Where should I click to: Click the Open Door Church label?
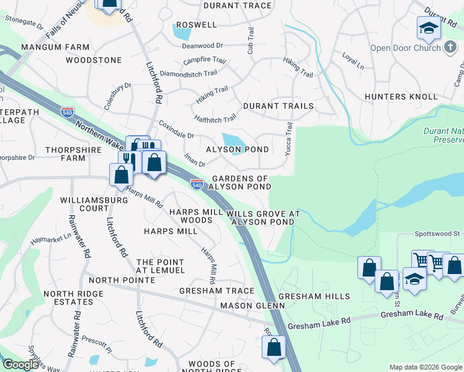click(x=404, y=48)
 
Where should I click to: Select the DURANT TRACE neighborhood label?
click(x=238, y=6)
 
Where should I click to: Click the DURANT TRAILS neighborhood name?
click(x=278, y=106)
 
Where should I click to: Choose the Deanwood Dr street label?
click(x=202, y=46)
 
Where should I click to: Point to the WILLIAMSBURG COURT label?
click(x=85, y=205)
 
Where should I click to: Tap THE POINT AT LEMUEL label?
click(x=161, y=266)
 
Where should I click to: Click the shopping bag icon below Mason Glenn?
click(x=274, y=348)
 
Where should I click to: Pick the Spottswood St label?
click(x=438, y=234)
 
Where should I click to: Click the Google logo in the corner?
click(x=20, y=365)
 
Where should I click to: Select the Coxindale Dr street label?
click(x=177, y=130)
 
